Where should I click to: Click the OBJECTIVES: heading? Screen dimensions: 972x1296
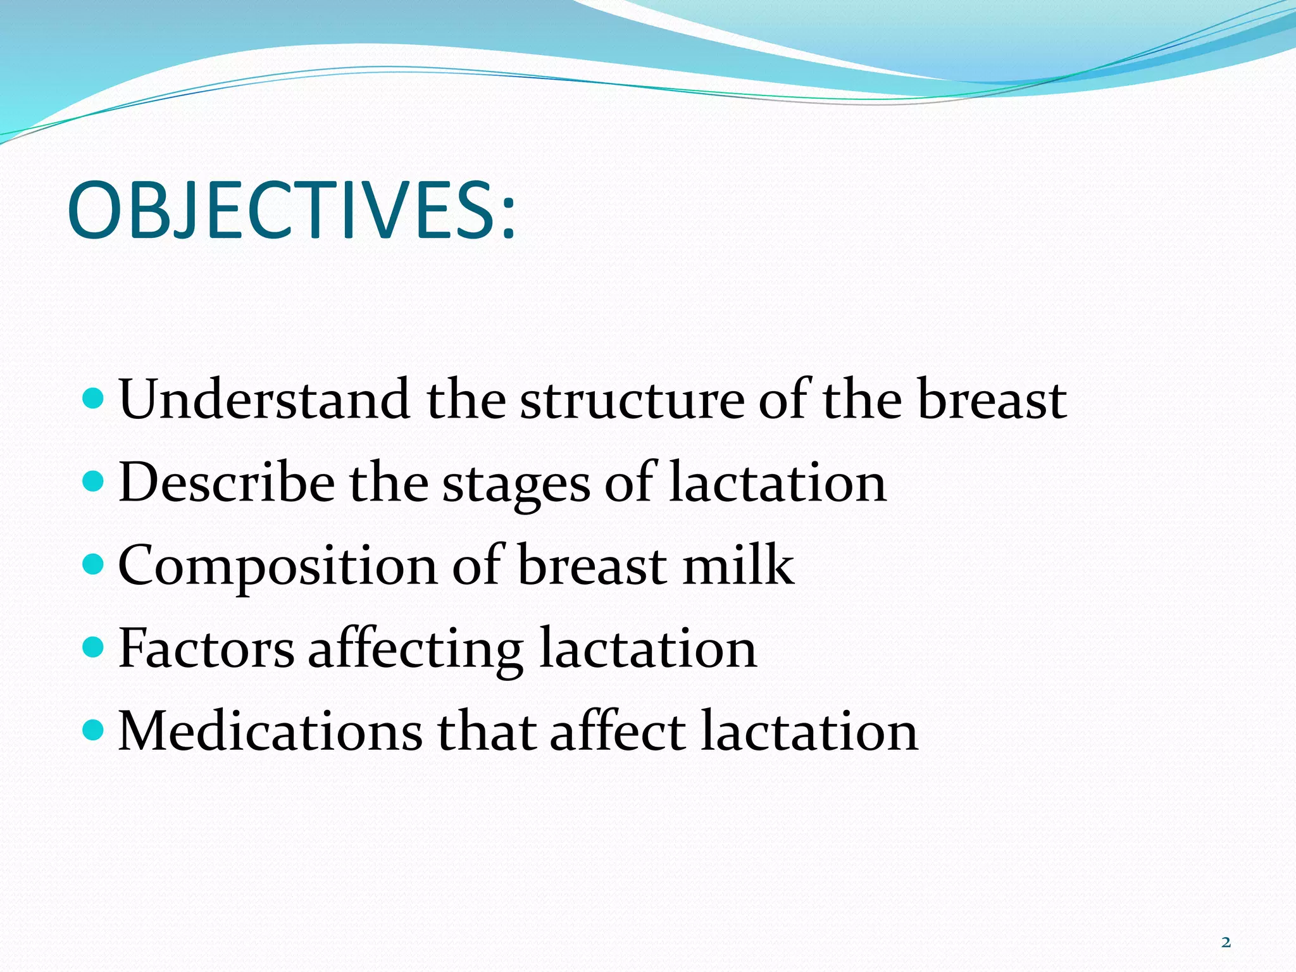pyautogui.click(x=291, y=211)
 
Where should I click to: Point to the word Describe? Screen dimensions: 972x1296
pyautogui.click(x=226, y=482)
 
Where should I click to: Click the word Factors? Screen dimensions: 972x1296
pyautogui.click(x=206, y=648)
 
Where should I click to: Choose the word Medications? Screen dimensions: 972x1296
pyautogui.click(x=270, y=731)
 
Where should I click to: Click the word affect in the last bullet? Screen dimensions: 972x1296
pyautogui.click(x=618, y=731)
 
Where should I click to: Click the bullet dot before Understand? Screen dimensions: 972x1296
pyautogui.click(x=93, y=398)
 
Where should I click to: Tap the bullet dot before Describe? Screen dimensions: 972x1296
pyautogui.click(x=93, y=482)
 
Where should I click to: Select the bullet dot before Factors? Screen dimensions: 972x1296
pyautogui.click(x=93, y=647)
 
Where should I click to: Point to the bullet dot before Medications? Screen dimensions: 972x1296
pyautogui.click(x=93, y=730)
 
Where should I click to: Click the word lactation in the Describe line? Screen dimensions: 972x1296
pyautogui.click(x=777, y=482)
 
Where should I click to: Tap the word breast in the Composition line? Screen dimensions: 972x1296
pyautogui.click(x=592, y=564)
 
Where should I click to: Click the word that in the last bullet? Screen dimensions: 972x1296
pyautogui.click(x=485, y=731)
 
